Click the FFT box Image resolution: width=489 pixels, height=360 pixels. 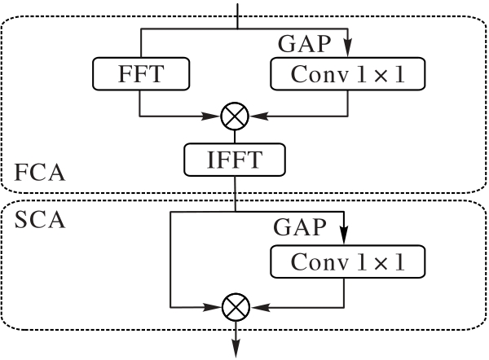(141, 74)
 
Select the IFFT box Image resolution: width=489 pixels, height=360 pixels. (235, 160)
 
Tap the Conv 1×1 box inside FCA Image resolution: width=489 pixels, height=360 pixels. (348, 74)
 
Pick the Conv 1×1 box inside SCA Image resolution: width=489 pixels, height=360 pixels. (348, 261)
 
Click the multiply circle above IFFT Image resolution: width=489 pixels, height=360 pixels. (235, 116)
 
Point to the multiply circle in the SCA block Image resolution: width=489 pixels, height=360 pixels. (236, 307)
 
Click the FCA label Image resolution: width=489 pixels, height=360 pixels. (40, 173)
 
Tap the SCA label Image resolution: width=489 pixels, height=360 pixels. (40, 220)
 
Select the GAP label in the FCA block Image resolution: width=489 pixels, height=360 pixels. (304, 44)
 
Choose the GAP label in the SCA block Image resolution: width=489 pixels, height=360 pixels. (300, 227)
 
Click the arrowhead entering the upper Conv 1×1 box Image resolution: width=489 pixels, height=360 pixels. (348, 48)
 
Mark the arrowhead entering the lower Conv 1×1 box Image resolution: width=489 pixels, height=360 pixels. (344, 236)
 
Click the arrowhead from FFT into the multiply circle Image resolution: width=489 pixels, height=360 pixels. (211, 116)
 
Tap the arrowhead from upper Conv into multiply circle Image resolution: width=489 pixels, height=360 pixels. (258, 116)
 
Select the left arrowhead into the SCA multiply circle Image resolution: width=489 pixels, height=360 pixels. (213, 307)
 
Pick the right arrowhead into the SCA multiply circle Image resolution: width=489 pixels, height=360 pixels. (260, 307)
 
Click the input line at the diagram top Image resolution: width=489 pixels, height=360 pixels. (238, 16)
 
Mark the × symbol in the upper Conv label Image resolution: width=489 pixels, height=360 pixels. (381, 75)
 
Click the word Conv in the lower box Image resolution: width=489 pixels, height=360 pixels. (319, 261)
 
